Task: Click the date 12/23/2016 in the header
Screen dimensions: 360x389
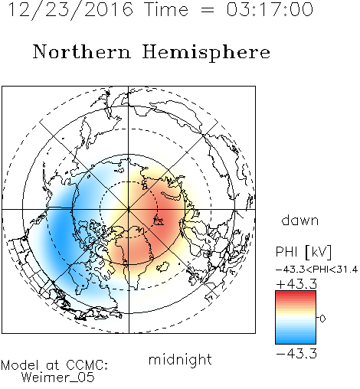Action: point(70,10)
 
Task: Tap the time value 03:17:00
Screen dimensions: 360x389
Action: point(270,9)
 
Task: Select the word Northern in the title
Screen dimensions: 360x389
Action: point(82,51)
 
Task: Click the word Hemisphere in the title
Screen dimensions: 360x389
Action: point(206,53)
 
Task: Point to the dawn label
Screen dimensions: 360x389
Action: point(300,220)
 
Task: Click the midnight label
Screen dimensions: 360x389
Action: point(180,360)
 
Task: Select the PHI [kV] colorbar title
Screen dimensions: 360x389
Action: point(303,252)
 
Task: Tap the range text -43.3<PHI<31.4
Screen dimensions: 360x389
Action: point(316,270)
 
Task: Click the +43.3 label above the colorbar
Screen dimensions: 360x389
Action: point(296,284)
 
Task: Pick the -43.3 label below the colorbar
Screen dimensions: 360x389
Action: point(296,354)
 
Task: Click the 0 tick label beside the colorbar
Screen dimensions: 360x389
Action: point(322,319)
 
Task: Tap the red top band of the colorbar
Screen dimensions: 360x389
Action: point(296,293)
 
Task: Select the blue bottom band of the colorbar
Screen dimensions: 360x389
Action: point(296,341)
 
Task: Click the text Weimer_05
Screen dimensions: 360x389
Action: point(57,378)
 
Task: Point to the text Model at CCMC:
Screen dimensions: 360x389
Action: point(54,365)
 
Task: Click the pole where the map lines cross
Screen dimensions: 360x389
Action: point(129,209)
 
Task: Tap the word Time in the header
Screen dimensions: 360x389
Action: point(166,9)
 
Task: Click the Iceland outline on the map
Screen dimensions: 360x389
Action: point(162,267)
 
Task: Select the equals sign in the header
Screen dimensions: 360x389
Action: point(208,11)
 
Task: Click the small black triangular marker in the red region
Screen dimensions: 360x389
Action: point(158,221)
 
